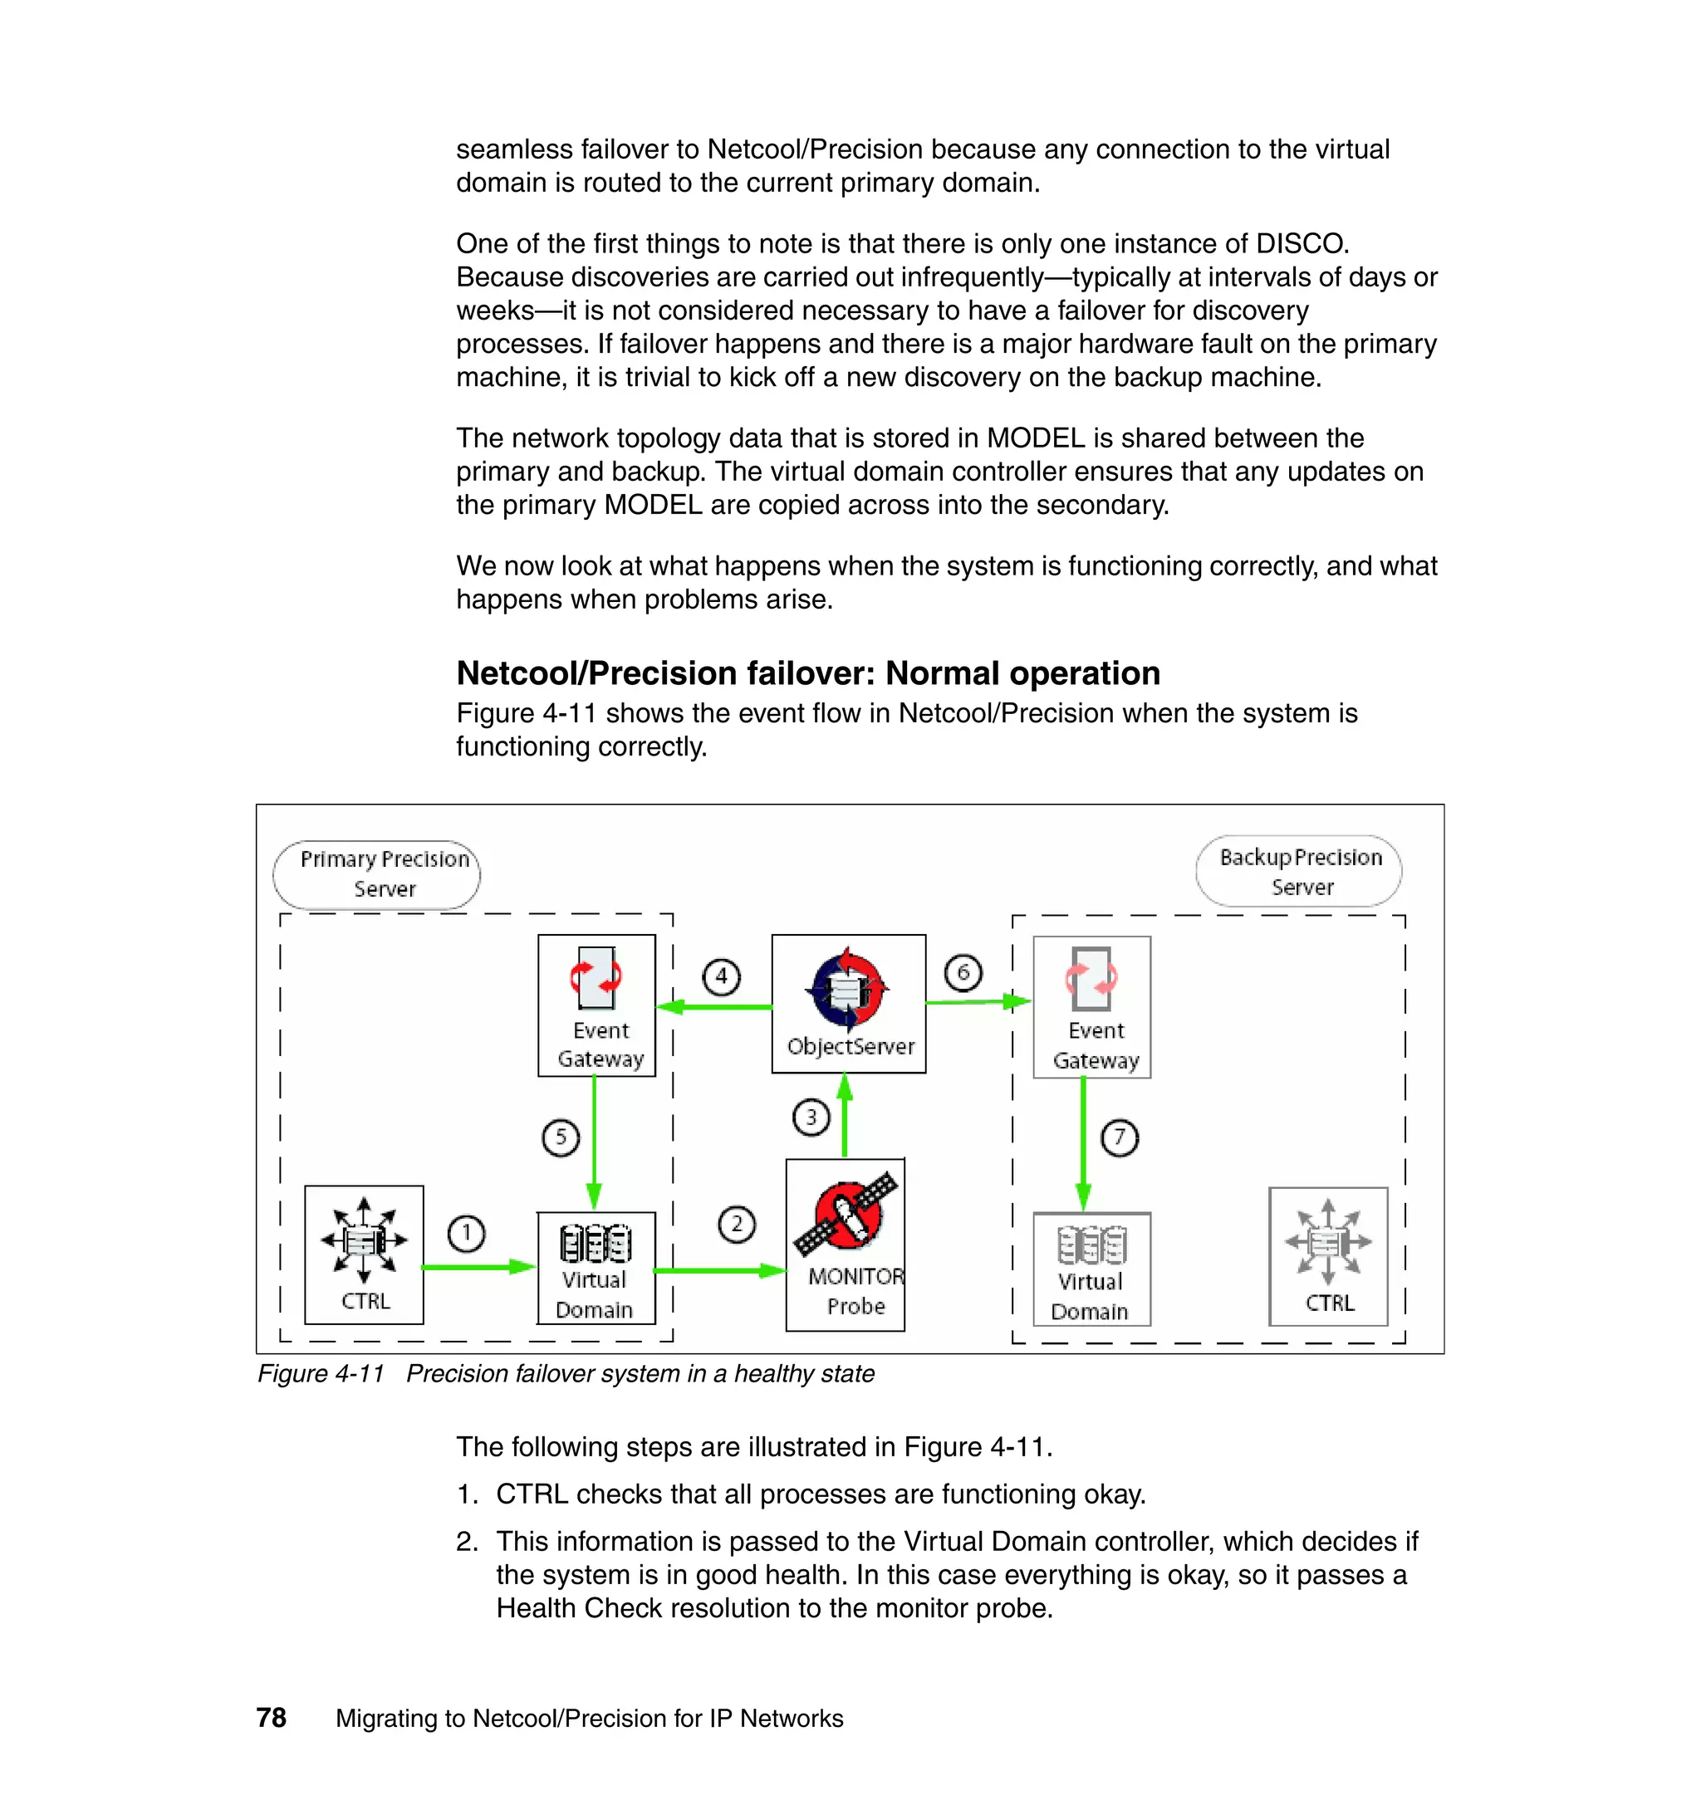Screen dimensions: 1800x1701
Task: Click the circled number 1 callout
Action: (466, 1234)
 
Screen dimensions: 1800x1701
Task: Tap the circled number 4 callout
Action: (721, 977)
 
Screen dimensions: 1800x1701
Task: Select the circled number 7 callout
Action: (1119, 1137)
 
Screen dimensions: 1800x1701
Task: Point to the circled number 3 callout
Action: (811, 1118)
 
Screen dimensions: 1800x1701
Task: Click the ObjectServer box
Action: (849, 1005)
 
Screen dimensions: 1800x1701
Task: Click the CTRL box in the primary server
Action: (364, 1255)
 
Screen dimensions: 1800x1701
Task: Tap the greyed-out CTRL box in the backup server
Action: (1327, 1256)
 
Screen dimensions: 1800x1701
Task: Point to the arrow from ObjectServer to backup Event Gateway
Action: (978, 1001)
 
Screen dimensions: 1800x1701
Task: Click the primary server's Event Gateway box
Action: (596, 1005)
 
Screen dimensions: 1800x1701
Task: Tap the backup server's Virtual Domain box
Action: (1091, 1269)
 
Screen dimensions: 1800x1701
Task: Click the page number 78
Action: (271, 1718)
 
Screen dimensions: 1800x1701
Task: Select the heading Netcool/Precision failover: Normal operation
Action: (808, 673)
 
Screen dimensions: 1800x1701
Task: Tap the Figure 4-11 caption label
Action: (321, 1374)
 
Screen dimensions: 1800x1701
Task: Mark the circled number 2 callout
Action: (736, 1225)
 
